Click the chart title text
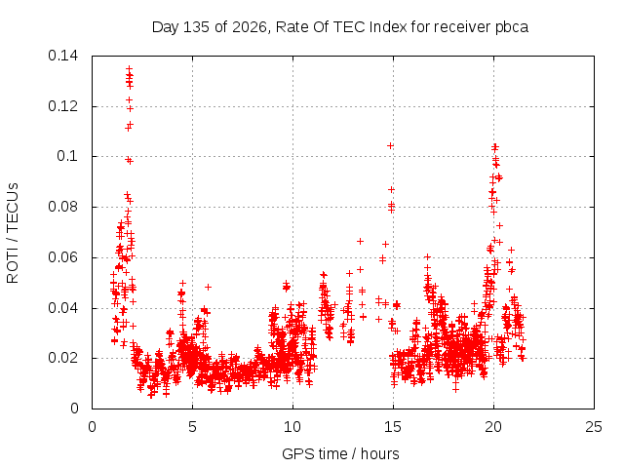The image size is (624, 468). [x=340, y=27]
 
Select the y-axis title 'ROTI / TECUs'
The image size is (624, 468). [x=13, y=233]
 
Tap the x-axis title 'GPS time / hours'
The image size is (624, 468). [x=340, y=453]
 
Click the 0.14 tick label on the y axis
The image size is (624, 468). [x=62, y=56]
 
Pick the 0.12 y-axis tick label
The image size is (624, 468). [x=62, y=106]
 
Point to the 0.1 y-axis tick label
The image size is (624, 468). [x=67, y=156]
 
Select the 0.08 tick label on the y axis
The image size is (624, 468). [x=62, y=207]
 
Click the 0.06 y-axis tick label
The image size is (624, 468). [x=62, y=257]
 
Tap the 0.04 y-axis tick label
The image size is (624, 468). [x=62, y=308]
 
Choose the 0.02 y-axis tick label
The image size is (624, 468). [x=62, y=358]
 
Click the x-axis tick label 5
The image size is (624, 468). [x=193, y=427]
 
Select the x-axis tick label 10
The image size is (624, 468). [x=292, y=427]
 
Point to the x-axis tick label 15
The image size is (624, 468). [x=393, y=427]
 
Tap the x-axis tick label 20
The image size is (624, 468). [x=493, y=427]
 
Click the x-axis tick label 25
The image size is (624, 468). [x=594, y=427]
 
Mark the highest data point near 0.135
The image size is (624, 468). [x=130, y=68]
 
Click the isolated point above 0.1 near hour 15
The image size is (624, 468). [x=390, y=146]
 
